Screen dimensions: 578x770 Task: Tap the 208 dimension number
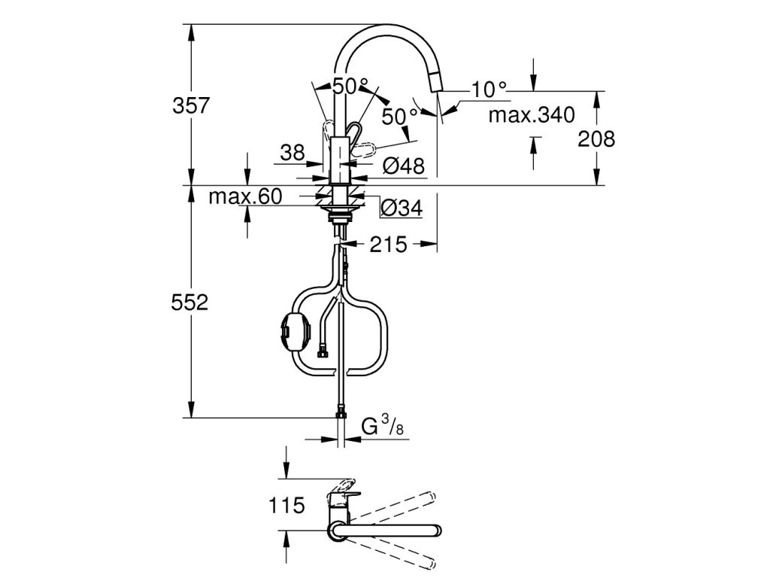[x=599, y=138]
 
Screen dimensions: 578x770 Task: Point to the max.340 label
[x=532, y=115]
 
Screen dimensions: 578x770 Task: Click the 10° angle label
[x=490, y=90]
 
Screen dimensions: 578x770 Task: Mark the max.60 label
[x=244, y=197]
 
